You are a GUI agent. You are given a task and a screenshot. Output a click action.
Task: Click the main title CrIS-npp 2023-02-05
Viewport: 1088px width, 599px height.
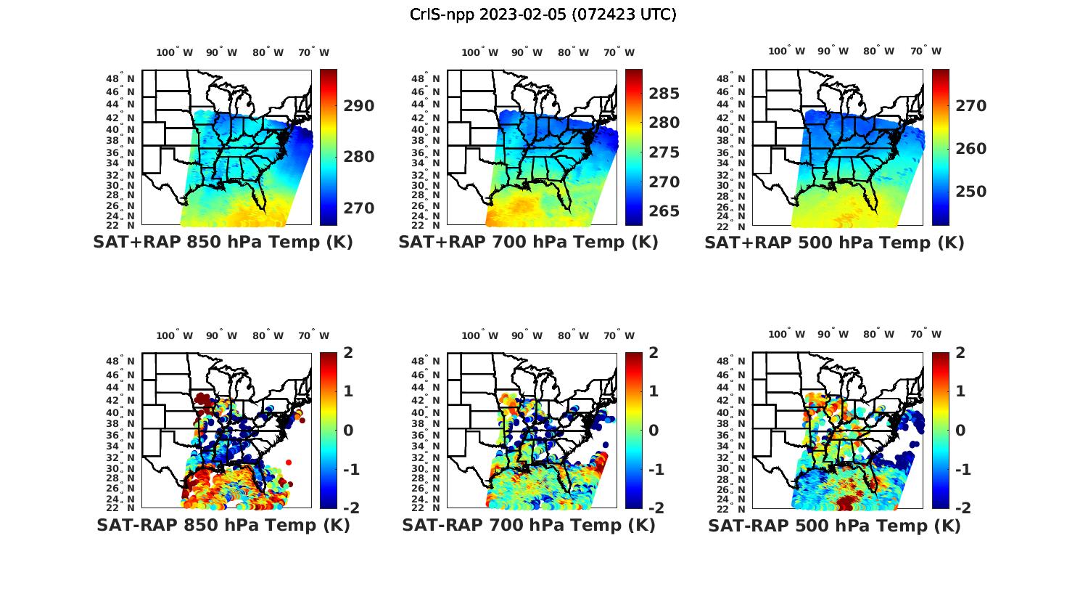click(543, 14)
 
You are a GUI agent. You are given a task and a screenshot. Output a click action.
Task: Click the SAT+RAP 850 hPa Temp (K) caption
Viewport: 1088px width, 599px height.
click(223, 242)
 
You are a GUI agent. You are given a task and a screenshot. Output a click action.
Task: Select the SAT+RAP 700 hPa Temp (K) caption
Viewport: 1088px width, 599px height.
click(528, 242)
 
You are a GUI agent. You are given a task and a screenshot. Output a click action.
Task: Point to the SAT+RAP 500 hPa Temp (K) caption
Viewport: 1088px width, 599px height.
click(834, 243)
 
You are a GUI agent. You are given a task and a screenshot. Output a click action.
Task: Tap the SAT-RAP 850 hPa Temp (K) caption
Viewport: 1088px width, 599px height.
click(223, 525)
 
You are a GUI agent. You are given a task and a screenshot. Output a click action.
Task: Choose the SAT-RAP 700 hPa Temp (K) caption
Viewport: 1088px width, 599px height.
click(528, 525)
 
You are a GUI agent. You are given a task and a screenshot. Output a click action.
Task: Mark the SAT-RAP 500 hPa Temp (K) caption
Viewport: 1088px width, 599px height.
click(834, 526)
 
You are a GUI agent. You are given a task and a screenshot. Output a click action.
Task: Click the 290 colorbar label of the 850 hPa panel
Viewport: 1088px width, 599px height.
click(359, 106)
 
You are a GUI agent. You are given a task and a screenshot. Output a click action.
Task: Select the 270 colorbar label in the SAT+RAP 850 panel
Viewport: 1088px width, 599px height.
click(359, 208)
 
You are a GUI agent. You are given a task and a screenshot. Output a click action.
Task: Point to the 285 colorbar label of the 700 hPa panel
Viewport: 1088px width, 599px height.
click(664, 93)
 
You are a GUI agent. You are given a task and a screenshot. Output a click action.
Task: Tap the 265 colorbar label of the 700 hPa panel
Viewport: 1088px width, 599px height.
click(664, 211)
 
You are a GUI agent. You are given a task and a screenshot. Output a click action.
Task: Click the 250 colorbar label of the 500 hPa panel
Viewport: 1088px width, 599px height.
click(970, 192)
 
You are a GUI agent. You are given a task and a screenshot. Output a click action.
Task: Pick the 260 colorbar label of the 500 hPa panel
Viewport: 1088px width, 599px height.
click(970, 149)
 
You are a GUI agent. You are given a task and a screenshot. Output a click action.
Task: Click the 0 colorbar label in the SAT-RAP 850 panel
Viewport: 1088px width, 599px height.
click(348, 430)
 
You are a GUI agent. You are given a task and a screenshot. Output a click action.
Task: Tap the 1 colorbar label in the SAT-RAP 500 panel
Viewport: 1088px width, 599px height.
click(960, 391)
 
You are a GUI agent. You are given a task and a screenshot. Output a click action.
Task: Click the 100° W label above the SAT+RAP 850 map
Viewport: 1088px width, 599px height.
click(174, 52)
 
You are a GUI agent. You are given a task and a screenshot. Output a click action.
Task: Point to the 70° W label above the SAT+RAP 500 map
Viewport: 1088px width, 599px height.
click(925, 51)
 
